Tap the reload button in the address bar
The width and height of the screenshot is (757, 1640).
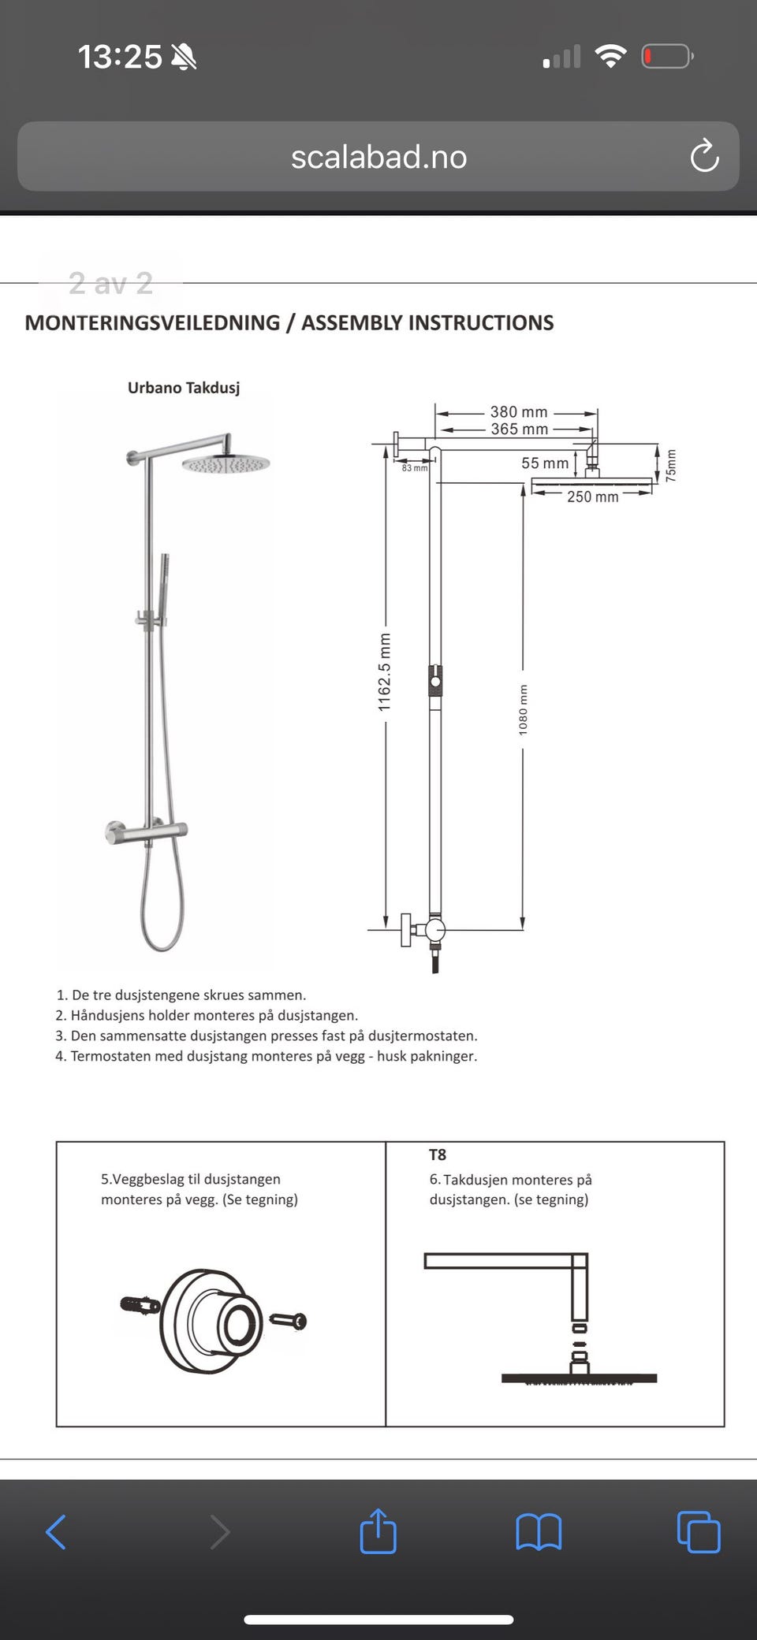pos(704,156)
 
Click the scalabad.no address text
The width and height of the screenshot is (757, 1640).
pos(378,157)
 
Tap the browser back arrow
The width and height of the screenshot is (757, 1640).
pos(56,1532)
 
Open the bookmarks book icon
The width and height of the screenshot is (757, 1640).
pos(539,1532)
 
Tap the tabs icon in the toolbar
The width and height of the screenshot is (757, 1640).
pos(699,1532)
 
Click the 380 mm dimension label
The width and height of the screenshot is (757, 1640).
pos(519,412)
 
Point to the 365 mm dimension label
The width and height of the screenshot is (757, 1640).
pos(519,430)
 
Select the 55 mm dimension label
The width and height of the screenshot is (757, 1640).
pos(544,463)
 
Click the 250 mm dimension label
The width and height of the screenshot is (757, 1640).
pos(592,496)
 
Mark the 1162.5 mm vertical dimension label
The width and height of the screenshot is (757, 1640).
pos(385,672)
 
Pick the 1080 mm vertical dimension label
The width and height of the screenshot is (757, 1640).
pos(524,710)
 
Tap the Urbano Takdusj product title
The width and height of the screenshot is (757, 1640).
pos(184,388)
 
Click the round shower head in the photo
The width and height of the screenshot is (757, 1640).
pos(226,464)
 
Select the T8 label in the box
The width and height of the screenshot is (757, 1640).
pos(438,1155)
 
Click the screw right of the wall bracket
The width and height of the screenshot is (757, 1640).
pos(289,1319)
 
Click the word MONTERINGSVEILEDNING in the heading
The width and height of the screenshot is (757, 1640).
pos(152,323)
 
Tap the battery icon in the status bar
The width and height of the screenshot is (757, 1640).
pos(667,57)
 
